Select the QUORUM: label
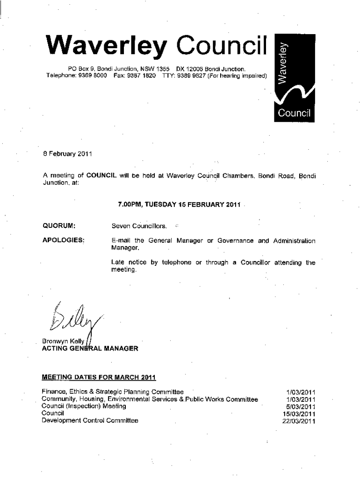pos(59,226)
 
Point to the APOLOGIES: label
pos(64,240)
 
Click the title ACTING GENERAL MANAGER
pos(90,348)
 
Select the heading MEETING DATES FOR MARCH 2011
pos(99,377)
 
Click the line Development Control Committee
pos(90,421)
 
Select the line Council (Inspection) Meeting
pos(84,406)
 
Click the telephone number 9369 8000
pos(93,75)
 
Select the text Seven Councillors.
pos(139,226)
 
